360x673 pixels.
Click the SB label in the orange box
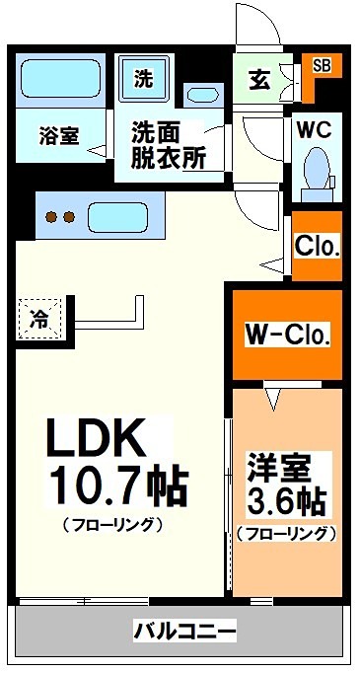(x=322, y=66)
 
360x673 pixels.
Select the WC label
(x=316, y=128)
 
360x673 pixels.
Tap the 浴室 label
(x=59, y=136)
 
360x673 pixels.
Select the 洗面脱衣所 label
(x=170, y=146)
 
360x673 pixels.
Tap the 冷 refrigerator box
(x=39, y=319)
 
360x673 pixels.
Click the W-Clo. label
(x=287, y=336)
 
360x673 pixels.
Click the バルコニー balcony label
(x=184, y=629)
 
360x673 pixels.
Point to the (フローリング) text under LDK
(x=111, y=524)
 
